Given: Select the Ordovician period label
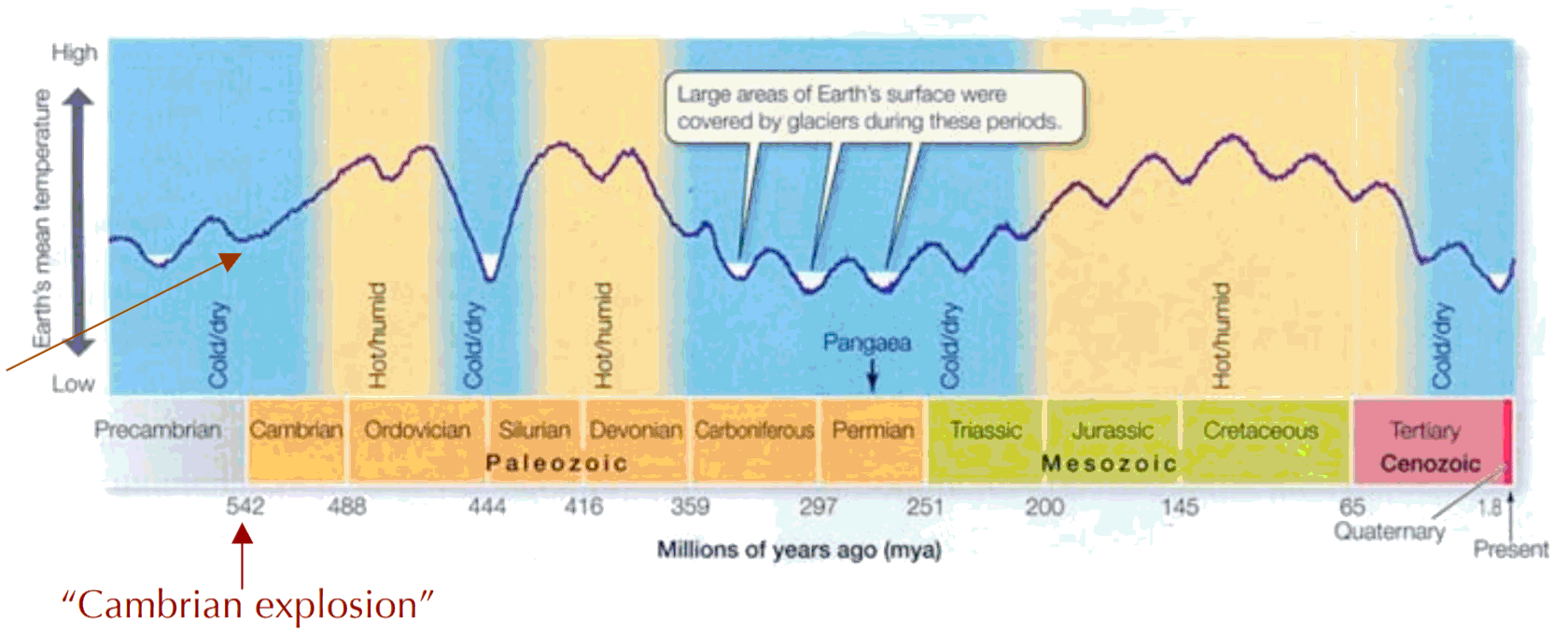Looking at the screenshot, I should point(417,430).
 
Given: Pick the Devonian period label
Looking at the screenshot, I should point(636,430).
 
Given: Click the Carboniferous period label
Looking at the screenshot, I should point(754,430).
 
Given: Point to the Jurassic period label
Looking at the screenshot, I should point(1112,430).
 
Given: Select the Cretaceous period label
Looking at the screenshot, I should point(1260,430).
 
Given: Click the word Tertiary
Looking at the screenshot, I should point(1424,430).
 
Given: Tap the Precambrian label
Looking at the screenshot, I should point(158,430).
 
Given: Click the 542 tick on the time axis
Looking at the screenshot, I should point(245,507).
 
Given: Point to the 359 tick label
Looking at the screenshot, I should point(690,507).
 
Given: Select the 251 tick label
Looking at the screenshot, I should point(925,507).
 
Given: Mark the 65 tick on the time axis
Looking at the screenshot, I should point(1351,507).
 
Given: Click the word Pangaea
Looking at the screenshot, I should point(866,344).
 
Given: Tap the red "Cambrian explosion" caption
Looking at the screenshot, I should point(247,605).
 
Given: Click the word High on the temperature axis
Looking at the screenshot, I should point(74,53).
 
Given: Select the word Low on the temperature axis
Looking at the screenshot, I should point(73,384).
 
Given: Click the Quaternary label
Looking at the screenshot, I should point(1389,532).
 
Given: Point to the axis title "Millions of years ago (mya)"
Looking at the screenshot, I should point(798,550).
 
